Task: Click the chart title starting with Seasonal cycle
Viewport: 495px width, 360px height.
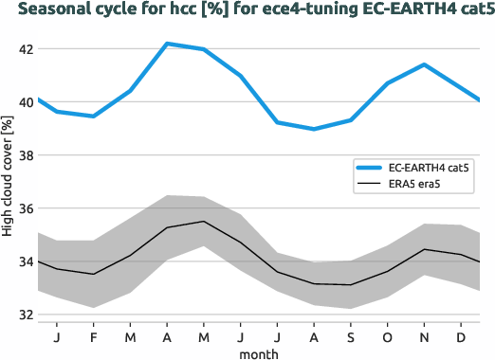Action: [247, 11]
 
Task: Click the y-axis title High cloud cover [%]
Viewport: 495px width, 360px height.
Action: [9, 175]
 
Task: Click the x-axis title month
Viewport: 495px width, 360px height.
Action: [258, 352]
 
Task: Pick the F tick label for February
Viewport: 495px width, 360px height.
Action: [93, 336]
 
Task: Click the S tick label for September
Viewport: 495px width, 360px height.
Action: [351, 336]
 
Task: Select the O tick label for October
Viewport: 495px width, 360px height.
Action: [388, 336]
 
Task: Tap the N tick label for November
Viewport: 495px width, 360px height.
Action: [425, 336]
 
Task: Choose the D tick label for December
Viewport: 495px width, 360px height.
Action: [461, 336]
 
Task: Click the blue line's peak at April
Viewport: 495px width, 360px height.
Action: [167, 44]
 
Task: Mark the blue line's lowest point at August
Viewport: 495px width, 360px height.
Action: [314, 129]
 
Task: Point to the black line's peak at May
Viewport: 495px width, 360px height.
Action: [204, 222]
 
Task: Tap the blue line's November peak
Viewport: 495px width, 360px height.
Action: [425, 64]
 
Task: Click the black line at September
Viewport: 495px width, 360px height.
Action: [351, 284]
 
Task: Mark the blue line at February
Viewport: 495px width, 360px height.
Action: [93, 117]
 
